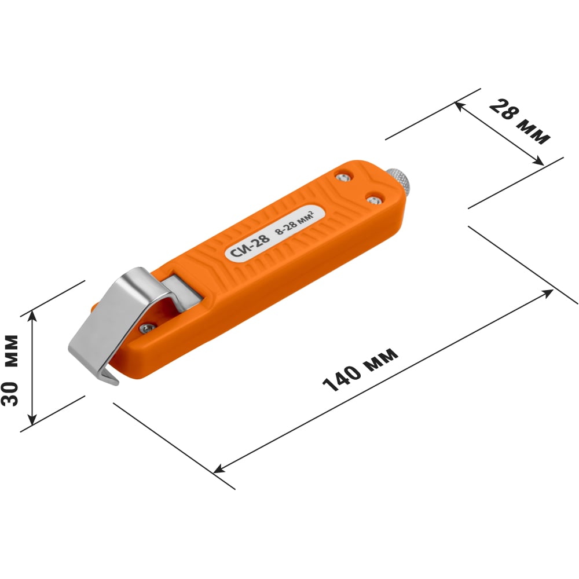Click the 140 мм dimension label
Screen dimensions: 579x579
point(360,369)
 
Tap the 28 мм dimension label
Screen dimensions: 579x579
point(519,122)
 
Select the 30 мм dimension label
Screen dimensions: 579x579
point(10,371)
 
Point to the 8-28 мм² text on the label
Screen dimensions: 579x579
point(295,223)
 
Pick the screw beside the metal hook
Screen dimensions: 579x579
point(146,328)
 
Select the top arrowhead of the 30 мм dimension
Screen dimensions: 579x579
point(32,313)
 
